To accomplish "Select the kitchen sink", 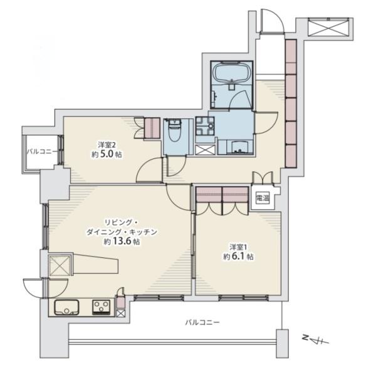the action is tap(66, 307).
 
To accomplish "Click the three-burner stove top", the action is tap(101, 307).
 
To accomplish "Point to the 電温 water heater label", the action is tap(263, 198).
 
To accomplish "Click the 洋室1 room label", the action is tap(238, 247).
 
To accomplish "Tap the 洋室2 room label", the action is tap(107, 145).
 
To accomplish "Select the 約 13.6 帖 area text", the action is tap(122, 241).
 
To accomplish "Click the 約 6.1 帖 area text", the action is tap(238, 257).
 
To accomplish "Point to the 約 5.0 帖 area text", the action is tap(107, 155).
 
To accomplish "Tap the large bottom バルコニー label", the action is tap(202, 322).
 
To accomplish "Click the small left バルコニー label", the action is tap(42, 152).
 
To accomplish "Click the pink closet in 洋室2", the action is tap(152, 128).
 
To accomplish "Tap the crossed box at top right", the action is tap(328, 27).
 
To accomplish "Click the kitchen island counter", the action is tap(95, 263).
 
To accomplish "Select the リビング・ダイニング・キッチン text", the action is tap(122, 227).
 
